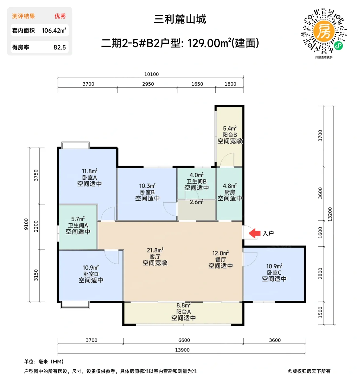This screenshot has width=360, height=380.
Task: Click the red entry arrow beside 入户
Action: tap(254, 233)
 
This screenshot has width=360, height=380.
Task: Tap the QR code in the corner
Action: tap(324, 31)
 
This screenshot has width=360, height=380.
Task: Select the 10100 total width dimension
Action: tap(151, 74)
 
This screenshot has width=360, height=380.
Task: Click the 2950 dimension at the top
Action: tap(148, 84)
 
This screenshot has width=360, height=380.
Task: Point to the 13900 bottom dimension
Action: tap(182, 350)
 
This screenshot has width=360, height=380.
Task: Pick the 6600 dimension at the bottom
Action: tap(184, 340)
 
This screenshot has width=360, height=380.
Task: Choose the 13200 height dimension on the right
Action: tap(330, 214)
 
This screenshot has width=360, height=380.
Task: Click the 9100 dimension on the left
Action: tap(26, 224)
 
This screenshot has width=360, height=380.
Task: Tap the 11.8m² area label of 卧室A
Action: tap(90, 171)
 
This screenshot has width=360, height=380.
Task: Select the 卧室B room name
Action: tap(147, 192)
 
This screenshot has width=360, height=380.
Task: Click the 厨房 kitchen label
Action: tap(230, 192)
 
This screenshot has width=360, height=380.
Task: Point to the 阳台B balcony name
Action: tap(230, 135)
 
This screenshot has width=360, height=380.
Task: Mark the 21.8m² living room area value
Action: tap(155, 250)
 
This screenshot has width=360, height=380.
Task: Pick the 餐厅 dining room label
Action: tap(220, 259)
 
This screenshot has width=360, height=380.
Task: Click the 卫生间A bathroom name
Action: tap(78, 225)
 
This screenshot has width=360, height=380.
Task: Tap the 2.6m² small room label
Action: tap(196, 202)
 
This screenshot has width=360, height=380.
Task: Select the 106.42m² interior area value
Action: tap(54, 31)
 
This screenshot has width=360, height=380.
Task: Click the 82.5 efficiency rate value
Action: tap(60, 47)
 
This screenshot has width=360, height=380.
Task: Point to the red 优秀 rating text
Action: tap(60, 16)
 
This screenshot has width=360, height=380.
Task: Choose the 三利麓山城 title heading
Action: tap(180, 19)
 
